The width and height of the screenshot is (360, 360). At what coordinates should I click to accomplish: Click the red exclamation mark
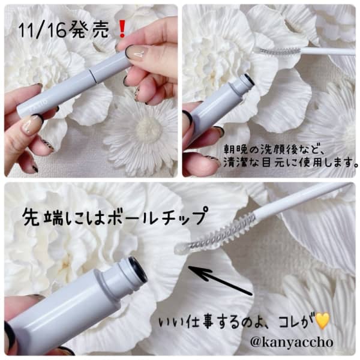(x=122, y=29)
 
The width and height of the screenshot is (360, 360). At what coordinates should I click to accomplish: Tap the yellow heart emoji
(x=322, y=320)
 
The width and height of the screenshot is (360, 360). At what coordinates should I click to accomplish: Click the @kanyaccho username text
(x=292, y=343)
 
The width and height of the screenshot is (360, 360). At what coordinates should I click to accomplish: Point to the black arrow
(x=220, y=281)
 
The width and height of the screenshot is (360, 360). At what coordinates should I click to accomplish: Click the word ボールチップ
(x=155, y=217)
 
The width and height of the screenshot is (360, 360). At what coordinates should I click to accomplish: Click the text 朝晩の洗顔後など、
(x=274, y=149)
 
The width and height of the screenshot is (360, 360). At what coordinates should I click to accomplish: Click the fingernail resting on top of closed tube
(x=136, y=52)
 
